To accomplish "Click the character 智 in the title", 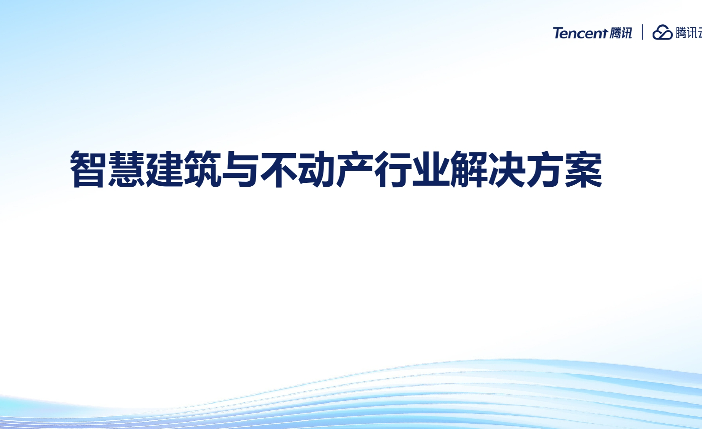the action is point(88,169).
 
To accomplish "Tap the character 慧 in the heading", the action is point(126,169).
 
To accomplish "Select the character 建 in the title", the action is point(164,169).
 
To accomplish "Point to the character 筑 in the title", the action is point(202,169).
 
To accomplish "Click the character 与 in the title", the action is point(240,169).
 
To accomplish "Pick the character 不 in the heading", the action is point(278,169).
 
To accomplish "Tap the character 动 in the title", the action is point(316,169).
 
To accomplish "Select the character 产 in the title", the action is point(354,169).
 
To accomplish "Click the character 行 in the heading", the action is point(392,169).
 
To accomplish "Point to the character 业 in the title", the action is point(431,169).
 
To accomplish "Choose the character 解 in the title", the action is point(469,169).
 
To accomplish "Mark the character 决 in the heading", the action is point(507,169).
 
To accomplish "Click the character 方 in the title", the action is point(545,169).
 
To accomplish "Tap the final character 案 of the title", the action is point(583,169).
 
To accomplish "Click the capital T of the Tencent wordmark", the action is point(558,33).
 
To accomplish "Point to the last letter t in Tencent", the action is point(604,33).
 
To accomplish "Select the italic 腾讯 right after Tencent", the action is point(621,33).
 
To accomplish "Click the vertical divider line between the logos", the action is point(643,32).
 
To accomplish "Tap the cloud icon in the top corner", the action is point(662,32).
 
